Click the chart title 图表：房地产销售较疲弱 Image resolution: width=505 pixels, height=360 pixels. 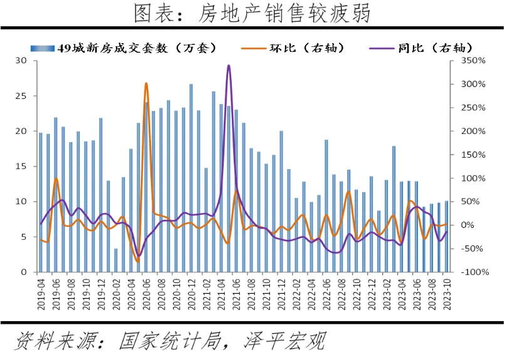point(252,13)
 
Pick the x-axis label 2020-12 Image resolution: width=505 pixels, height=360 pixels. point(191,295)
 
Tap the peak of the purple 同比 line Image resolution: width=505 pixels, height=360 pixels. point(228,65)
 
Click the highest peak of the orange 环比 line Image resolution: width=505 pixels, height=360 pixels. point(146,83)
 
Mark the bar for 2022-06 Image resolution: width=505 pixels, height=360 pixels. point(326,206)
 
